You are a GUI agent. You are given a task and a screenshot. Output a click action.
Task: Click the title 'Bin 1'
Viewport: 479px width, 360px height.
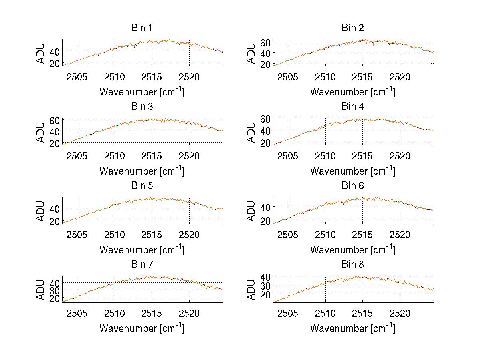click(x=142, y=28)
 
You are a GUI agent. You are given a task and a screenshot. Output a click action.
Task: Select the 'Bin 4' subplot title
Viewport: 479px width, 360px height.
click(x=353, y=107)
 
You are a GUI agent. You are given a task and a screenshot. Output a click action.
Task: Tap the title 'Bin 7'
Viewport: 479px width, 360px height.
click(x=142, y=265)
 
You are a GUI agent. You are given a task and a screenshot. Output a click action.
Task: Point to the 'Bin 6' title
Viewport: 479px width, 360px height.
click(x=353, y=186)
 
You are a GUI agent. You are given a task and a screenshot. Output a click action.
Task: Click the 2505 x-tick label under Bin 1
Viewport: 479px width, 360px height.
click(x=77, y=77)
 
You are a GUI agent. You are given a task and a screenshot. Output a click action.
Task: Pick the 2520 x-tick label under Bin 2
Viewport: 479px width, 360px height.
click(x=400, y=77)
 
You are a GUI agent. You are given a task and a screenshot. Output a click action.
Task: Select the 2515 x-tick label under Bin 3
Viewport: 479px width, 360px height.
click(x=152, y=155)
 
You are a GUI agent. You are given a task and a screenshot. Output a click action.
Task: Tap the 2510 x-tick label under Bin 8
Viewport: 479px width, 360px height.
click(x=325, y=313)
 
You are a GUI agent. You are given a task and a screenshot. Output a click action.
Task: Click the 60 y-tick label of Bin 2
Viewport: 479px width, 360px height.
click(x=266, y=42)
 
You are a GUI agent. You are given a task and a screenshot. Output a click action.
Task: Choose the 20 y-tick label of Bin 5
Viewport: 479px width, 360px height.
click(x=55, y=221)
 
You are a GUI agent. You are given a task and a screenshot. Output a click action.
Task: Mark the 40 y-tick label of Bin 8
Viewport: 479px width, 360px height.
click(x=266, y=277)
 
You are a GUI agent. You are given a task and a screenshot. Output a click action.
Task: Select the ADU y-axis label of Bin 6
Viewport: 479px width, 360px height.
click(x=251, y=211)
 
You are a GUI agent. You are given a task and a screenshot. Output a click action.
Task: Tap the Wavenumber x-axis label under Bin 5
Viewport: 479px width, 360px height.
click(x=142, y=250)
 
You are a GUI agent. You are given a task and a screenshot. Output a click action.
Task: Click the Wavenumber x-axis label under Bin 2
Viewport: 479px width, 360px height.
click(x=353, y=92)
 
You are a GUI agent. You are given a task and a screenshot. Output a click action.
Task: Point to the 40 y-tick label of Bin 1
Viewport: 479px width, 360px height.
click(x=55, y=52)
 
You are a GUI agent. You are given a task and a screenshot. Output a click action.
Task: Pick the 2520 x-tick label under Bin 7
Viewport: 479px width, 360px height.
click(x=189, y=313)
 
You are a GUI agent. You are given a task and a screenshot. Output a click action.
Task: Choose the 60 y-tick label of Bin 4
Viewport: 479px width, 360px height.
click(x=266, y=119)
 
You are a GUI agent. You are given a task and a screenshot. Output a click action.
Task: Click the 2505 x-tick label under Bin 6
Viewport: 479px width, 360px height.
click(x=288, y=235)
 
